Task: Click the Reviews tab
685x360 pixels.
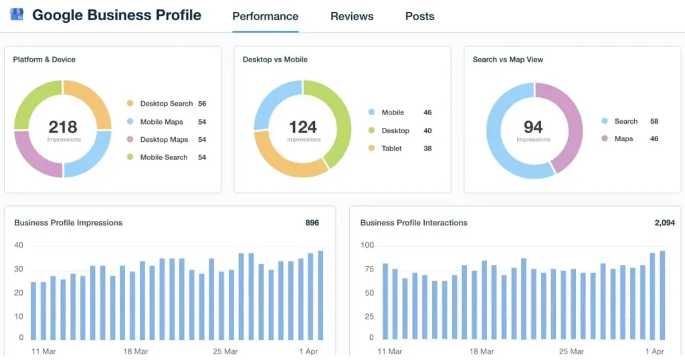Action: pyautogui.click(x=352, y=16)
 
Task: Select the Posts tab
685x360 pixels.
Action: pyautogui.click(x=419, y=16)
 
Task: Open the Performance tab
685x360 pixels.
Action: pyautogui.click(x=265, y=16)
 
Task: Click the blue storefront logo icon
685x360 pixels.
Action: pyautogui.click(x=17, y=15)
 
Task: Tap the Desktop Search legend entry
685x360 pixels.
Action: pyautogui.click(x=166, y=104)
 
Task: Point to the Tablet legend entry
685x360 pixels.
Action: pyautogui.click(x=391, y=149)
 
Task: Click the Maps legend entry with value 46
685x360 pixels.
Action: pyautogui.click(x=623, y=139)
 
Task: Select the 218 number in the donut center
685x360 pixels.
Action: pyautogui.click(x=63, y=126)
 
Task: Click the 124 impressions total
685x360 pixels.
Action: pyautogui.click(x=302, y=126)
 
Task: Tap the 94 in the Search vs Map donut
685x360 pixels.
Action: pyautogui.click(x=533, y=126)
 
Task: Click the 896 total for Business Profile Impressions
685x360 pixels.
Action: pyautogui.click(x=312, y=223)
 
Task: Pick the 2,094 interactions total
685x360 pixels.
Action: pyautogui.click(x=664, y=223)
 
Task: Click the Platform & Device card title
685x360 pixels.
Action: pyautogui.click(x=44, y=60)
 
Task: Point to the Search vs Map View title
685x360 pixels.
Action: pyautogui.click(x=508, y=60)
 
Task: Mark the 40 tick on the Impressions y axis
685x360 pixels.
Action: pyautogui.click(x=19, y=246)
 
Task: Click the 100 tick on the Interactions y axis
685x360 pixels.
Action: pyautogui.click(x=367, y=246)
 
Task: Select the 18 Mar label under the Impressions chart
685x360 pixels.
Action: pyautogui.click(x=136, y=351)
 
